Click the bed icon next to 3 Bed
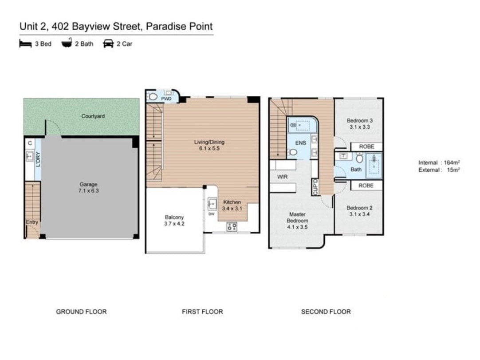[x=25, y=44]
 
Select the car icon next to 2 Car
[x=108, y=44]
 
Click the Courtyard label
[x=93, y=116]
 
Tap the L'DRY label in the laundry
[x=38, y=159]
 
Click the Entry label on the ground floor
[x=32, y=222]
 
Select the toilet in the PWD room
[x=153, y=97]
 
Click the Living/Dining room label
[x=209, y=142]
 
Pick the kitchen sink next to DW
[x=212, y=204]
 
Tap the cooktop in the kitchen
[x=232, y=226]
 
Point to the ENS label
[x=301, y=143]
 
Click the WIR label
[x=282, y=177]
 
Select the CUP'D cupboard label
[x=315, y=187]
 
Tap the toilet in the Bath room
[x=359, y=158]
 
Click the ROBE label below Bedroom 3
[x=366, y=147]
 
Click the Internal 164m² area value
[x=452, y=163]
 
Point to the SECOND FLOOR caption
[x=326, y=312]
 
